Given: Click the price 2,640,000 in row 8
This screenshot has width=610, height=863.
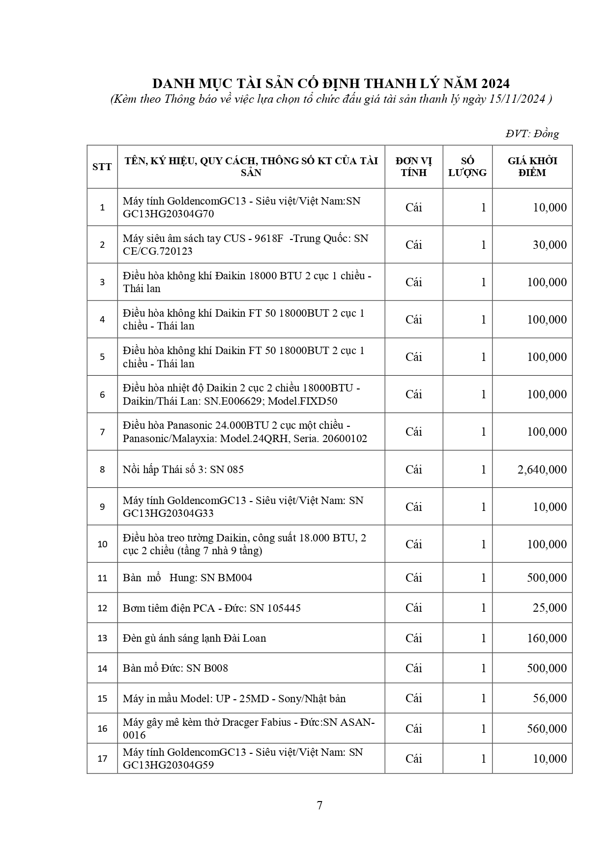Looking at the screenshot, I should point(542,470).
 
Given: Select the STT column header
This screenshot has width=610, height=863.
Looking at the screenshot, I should point(102,167).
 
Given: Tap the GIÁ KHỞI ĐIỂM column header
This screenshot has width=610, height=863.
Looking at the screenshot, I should point(532,167).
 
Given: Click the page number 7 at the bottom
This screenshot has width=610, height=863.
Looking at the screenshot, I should point(320,805).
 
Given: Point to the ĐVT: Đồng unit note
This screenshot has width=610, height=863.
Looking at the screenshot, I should point(532,134).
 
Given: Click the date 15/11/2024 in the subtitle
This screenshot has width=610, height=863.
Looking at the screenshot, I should point(518,99).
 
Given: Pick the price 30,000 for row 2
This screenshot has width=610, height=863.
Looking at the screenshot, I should point(550,245).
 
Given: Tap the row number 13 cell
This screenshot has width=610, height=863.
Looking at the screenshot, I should point(102,638).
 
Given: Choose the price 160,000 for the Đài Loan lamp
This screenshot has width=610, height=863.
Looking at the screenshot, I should point(547,638).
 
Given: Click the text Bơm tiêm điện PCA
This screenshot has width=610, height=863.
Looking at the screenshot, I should point(169,608).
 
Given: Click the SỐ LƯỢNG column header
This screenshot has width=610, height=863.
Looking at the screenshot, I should point(467,167).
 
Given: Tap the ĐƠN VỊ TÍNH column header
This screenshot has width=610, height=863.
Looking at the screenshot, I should point(413,167).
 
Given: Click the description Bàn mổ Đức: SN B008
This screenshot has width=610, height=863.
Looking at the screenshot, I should point(175,668).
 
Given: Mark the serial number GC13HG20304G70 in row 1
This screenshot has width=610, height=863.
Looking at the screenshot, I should point(168,214).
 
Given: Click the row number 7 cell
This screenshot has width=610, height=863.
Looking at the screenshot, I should point(102,432).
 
